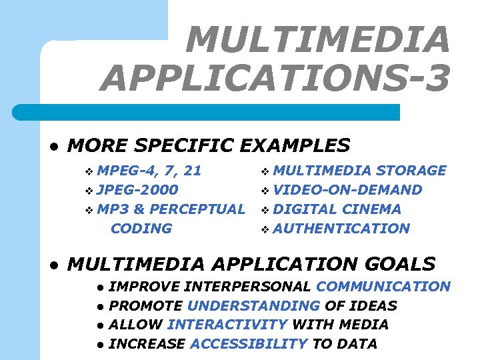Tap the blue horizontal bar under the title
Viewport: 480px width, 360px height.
(220, 112)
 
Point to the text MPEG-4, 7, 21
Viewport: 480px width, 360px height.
(149, 170)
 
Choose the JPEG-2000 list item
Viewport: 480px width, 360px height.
(137, 189)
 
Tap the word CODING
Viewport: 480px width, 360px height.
(141, 228)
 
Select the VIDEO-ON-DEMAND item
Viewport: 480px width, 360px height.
(347, 189)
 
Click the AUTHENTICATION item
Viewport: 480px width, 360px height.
(341, 228)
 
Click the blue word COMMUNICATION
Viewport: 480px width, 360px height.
(383, 287)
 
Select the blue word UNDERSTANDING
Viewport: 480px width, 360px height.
(253, 306)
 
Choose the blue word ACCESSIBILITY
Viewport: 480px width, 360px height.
(249, 344)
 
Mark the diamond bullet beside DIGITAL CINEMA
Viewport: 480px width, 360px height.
(265, 209)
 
